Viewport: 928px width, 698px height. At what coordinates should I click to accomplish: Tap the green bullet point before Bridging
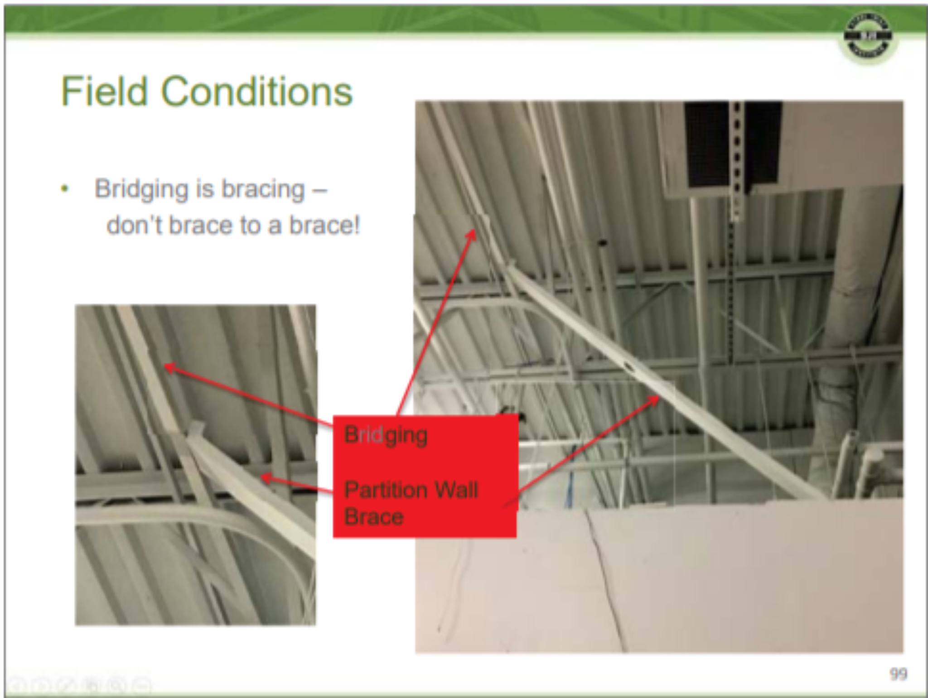point(65,188)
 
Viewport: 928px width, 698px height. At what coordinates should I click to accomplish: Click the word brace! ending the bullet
point(324,225)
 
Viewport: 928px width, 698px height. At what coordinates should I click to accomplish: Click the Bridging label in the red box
point(386,435)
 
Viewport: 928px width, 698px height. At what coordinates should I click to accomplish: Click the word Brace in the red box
point(374,517)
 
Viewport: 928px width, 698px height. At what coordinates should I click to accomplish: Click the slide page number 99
point(898,674)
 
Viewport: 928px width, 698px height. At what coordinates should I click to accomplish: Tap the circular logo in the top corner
point(868,36)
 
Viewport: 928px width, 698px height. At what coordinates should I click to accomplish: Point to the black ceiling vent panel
point(707,145)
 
